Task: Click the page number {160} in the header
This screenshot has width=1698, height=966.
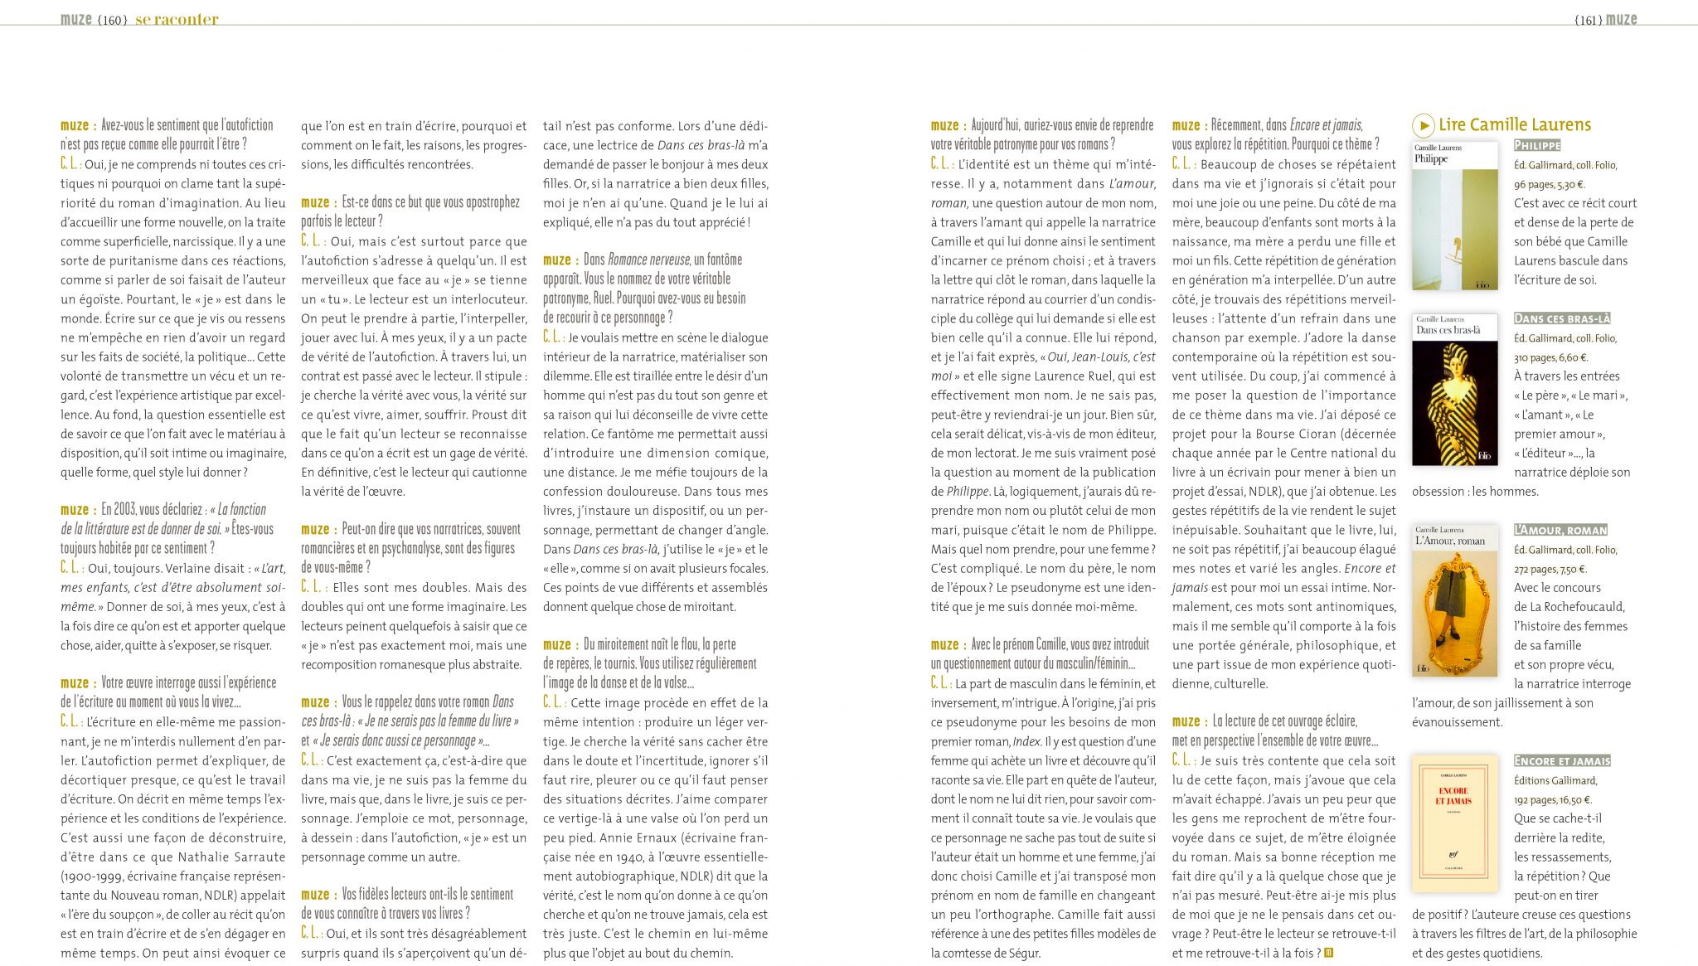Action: click(x=113, y=20)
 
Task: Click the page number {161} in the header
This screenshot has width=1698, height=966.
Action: click(x=1587, y=20)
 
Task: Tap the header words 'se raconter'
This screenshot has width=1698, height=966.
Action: click(x=177, y=20)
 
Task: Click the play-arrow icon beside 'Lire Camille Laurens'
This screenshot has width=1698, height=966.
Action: click(x=1423, y=125)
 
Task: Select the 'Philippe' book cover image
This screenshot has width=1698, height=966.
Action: click(x=1454, y=216)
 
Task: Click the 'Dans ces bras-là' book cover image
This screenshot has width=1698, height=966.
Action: click(x=1454, y=389)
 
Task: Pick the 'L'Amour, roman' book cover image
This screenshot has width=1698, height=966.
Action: click(x=1454, y=600)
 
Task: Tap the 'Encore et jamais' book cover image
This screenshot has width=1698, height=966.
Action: click(x=1454, y=823)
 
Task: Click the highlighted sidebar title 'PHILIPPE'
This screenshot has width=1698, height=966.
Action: click(x=1537, y=146)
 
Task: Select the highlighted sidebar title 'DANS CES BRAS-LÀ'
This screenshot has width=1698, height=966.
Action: click(x=1562, y=318)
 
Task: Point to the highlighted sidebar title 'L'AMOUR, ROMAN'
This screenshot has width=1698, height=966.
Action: click(x=1560, y=530)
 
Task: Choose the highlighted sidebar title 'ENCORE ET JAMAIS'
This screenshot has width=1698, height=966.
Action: click(x=1562, y=761)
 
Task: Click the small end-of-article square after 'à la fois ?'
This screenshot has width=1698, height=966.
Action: click(x=1328, y=954)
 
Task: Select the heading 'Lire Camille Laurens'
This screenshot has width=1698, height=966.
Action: click(x=1515, y=125)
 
